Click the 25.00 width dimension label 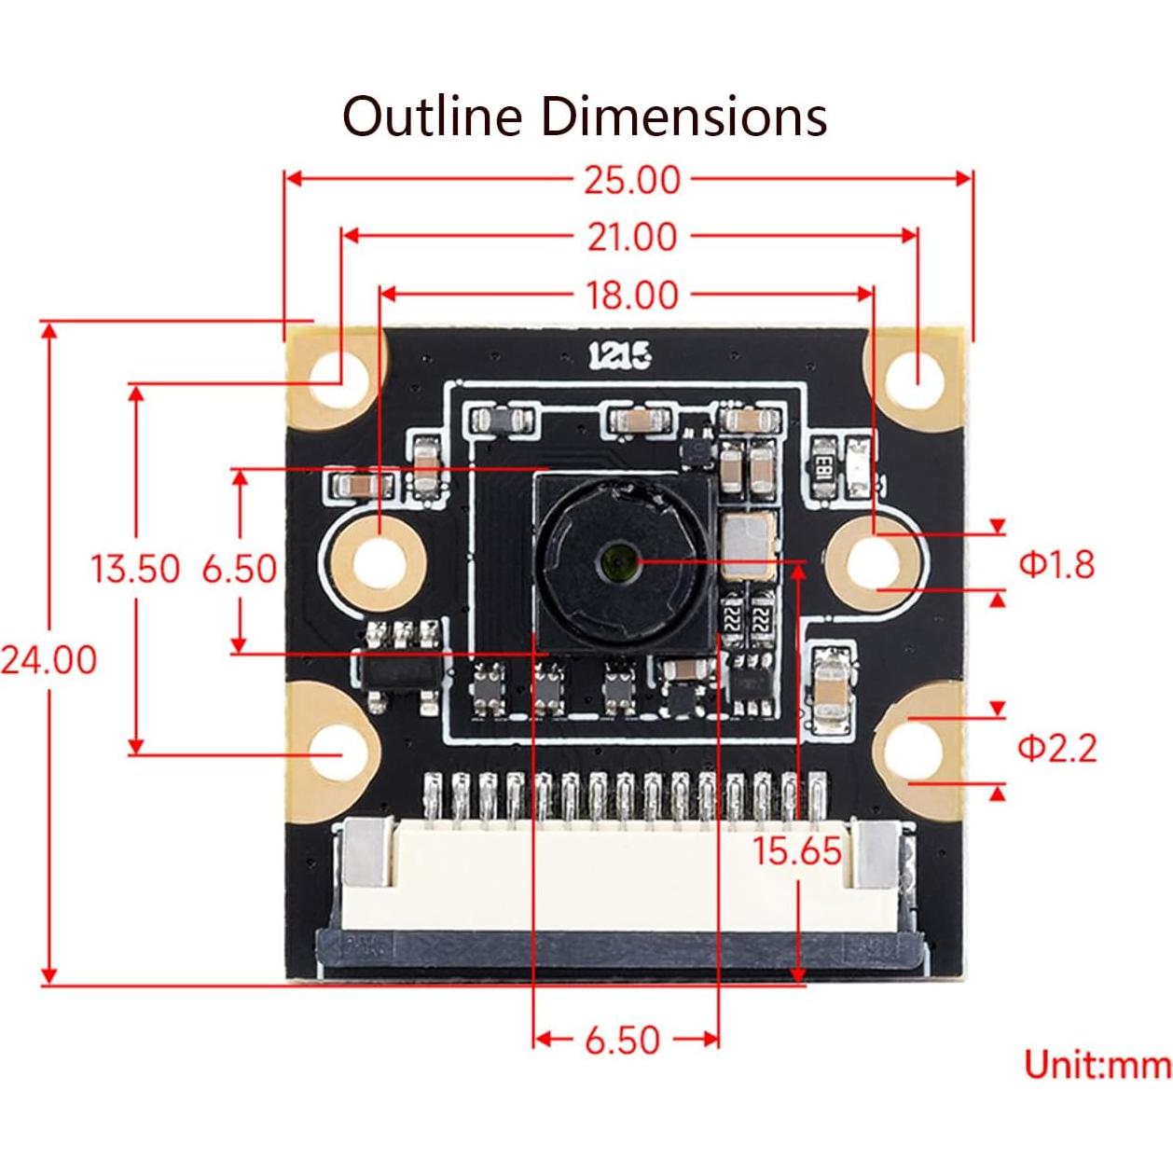632,180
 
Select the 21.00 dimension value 632,238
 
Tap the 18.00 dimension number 632,296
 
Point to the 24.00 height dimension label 48,659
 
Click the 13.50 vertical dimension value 135,568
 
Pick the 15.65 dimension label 797,850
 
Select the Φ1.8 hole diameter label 1056,564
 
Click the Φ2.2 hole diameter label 1056,748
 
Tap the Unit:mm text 1097,1064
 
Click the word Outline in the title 432,117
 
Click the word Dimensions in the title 684,117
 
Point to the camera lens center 616,562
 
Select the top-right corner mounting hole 915,380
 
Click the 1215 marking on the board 619,355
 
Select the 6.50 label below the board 622,1040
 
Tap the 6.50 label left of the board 240,568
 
